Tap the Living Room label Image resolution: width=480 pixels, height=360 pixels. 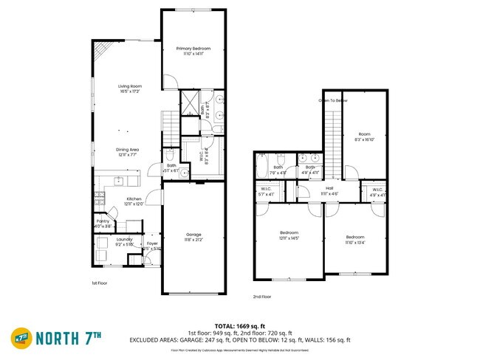pos(130,86)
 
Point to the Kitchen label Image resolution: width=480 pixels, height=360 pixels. pos(134,199)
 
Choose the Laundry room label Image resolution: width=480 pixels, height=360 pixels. pos(125,240)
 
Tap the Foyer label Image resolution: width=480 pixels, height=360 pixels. pos(152,243)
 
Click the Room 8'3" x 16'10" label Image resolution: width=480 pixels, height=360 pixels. pos(365,136)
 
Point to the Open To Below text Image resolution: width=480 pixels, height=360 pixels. pos(333,100)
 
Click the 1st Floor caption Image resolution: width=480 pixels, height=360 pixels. pos(99,283)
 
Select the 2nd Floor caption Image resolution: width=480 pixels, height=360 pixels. pos(262,297)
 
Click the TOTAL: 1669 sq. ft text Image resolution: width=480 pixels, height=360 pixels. pos(239,325)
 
